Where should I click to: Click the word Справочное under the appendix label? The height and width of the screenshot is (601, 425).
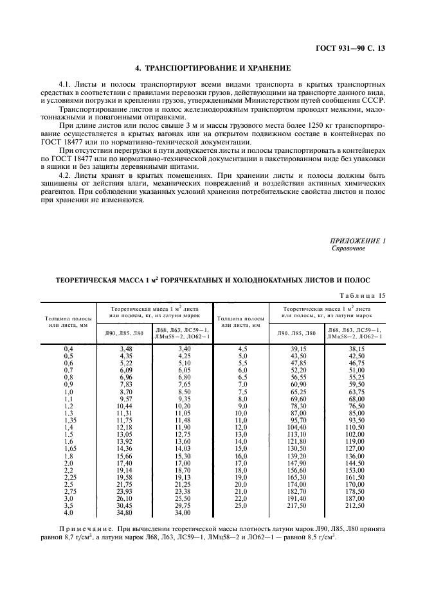pos(348,248)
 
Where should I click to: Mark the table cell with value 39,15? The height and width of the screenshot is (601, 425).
pos(298,347)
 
